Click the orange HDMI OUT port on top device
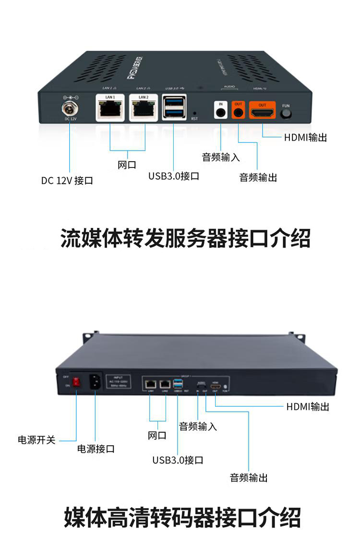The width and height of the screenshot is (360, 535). (262, 112)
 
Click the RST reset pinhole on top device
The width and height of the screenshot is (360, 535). (194, 112)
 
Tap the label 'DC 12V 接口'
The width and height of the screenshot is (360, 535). (67, 181)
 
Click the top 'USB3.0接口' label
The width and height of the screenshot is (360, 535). (173, 176)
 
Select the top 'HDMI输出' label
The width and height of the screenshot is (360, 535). (305, 138)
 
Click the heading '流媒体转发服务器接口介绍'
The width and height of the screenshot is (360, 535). (185, 238)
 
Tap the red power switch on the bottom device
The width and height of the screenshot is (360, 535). (76, 383)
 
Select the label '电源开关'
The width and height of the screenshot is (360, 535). (36, 440)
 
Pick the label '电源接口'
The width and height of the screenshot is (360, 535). (96, 449)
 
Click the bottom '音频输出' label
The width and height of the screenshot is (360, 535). (249, 477)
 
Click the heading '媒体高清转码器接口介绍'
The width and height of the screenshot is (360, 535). (182, 517)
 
